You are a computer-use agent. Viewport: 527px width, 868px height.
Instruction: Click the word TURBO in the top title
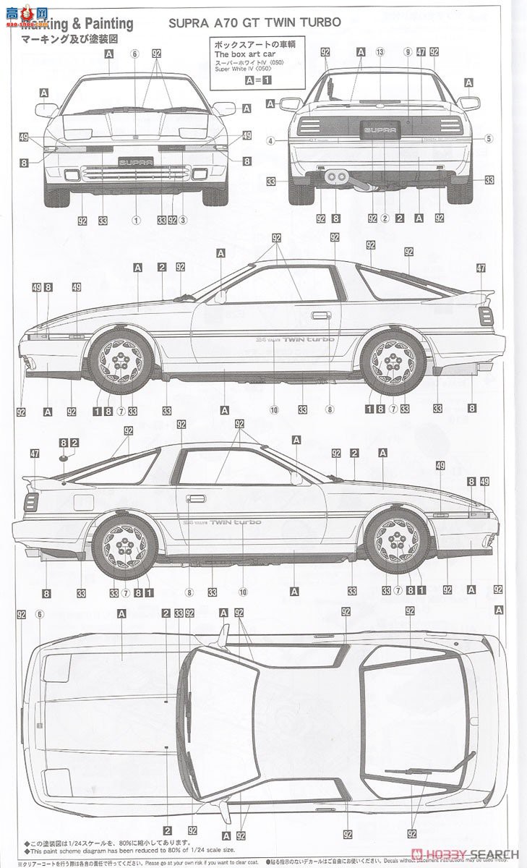(319, 22)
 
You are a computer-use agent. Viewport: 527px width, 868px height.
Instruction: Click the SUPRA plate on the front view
(135, 163)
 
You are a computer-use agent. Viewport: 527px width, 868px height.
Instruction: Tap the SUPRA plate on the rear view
(379, 129)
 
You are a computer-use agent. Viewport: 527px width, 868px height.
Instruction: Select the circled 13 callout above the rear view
(380, 52)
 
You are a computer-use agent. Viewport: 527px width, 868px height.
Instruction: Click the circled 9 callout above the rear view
(408, 52)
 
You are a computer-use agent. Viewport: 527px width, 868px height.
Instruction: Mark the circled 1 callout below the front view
(135, 219)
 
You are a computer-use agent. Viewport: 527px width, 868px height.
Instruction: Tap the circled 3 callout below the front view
(184, 219)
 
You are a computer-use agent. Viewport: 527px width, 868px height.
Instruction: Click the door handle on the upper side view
(321, 315)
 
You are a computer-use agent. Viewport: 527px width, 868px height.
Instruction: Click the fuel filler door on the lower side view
(83, 502)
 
